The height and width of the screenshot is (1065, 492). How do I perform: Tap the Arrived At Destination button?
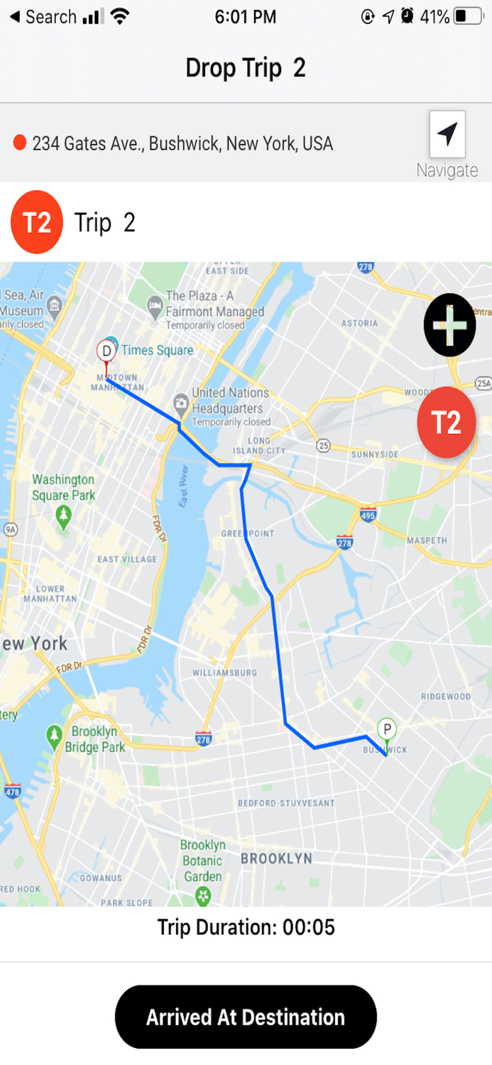pyautogui.click(x=246, y=1017)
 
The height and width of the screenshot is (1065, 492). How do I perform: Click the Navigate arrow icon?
pyautogui.click(x=447, y=134)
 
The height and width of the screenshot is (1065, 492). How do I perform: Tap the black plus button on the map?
pyautogui.click(x=449, y=324)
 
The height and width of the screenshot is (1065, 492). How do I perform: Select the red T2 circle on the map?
pyautogui.click(x=447, y=422)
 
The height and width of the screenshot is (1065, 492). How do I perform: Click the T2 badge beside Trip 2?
pyautogui.click(x=37, y=222)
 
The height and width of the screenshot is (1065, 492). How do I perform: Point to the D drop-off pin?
pyautogui.click(x=106, y=351)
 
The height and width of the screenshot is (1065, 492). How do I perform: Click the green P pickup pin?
pyautogui.click(x=386, y=729)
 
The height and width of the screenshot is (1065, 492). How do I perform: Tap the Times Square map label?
pyautogui.click(x=157, y=350)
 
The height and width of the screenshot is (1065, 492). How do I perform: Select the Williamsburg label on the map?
pyautogui.click(x=225, y=672)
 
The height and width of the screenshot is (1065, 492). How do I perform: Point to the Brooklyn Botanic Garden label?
pyautogui.click(x=203, y=861)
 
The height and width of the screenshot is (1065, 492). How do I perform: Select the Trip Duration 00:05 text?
pyautogui.click(x=246, y=927)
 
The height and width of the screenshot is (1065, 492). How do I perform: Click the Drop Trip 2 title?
pyautogui.click(x=246, y=68)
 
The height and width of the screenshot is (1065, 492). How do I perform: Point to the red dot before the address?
pyautogui.click(x=20, y=143)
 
